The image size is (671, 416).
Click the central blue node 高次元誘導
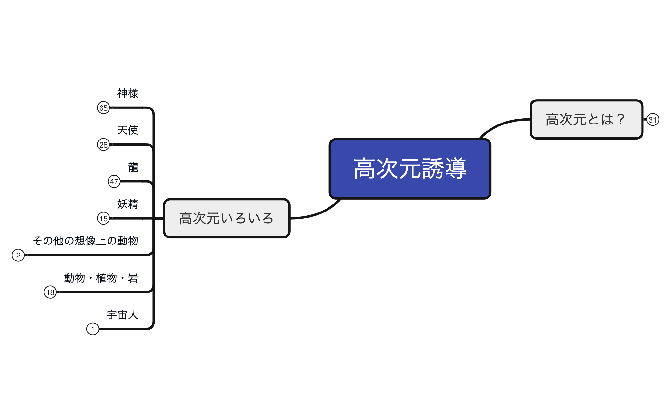click(x=410, y=169)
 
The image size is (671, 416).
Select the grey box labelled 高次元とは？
click(x=586, y=119)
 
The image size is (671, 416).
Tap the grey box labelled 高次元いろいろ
click(x=227, y=218)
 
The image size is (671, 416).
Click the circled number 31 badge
click(x=652, y=120)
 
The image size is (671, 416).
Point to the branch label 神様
click(x=127, y=93)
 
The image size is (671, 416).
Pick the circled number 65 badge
click(x=103, y=108)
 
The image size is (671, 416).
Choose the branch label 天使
click(x=127, y=130)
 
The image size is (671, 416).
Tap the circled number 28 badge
click(x=103, y=145)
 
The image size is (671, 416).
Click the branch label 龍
click(x=133, y=167)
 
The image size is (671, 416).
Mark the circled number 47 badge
click(x=114, y=181)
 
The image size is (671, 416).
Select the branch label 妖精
click(x=127, y=204)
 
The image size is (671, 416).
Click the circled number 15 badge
click(x=103, y=219)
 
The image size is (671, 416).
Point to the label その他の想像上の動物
click(x=85, y=241)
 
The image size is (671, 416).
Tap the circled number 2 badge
click(x=18, y=255)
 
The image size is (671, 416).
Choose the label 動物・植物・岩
click(x=101, y=278)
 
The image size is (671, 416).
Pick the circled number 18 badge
click(x=50, y=292)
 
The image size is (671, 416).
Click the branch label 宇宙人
click(x=122, y=315)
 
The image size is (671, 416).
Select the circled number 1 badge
click(x=93, y=329)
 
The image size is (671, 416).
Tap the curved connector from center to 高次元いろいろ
click(x=317, y=214)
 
